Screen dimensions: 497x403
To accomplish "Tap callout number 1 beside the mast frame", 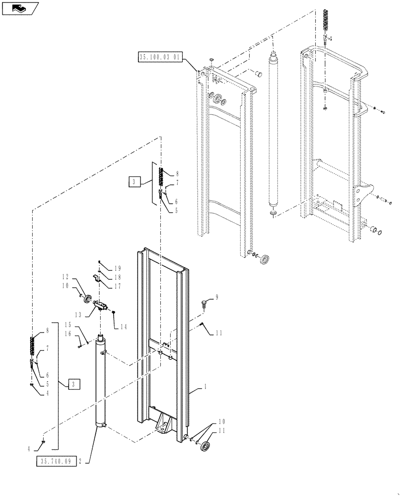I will pyautogui.click(x=205, y=386).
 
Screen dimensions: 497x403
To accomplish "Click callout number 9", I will pyautogui.click(x=216, y=298).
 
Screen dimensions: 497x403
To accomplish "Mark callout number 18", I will pyautogui.click(x=118, y=277).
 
